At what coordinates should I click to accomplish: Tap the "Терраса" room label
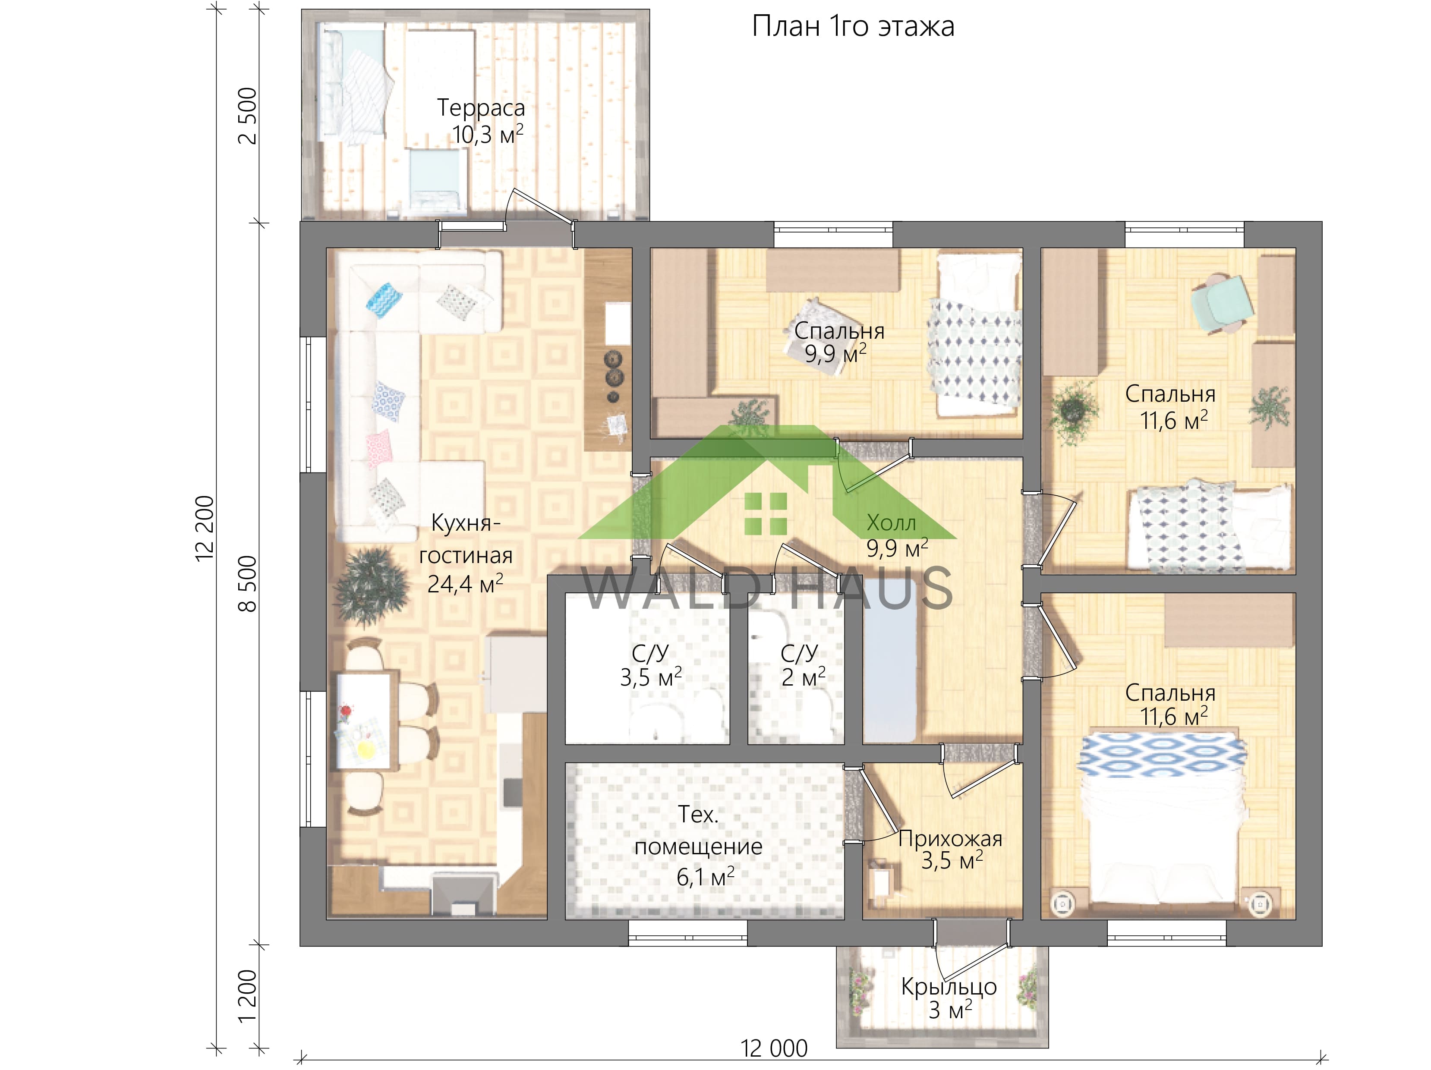coord(481,107)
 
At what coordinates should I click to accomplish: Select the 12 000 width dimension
coord(774,1048)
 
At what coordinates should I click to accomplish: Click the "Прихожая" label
coord(950,839)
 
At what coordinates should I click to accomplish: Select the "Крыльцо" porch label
coord(949,987)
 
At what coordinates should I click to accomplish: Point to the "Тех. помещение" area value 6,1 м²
coord(705,878)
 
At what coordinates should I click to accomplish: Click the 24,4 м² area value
coord(465,584)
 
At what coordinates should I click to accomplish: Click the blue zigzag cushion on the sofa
coord(384,299)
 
